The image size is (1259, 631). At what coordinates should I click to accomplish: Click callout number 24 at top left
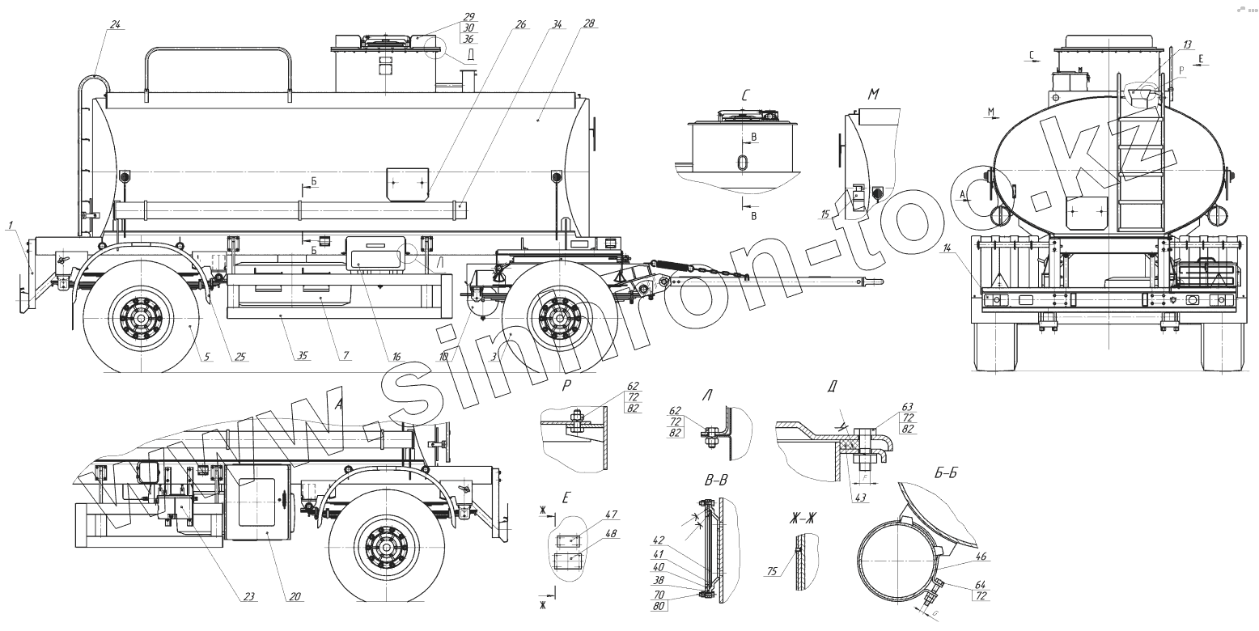click(114, 24)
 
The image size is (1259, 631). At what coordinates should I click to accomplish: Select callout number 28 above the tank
click(588, 24)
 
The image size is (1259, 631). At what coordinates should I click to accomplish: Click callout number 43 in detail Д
click(859, 497)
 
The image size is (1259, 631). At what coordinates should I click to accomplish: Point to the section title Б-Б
click(946, 476)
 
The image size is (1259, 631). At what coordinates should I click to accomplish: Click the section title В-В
click(714, 481)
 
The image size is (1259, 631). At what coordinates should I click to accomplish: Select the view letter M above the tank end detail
click(873, 95)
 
